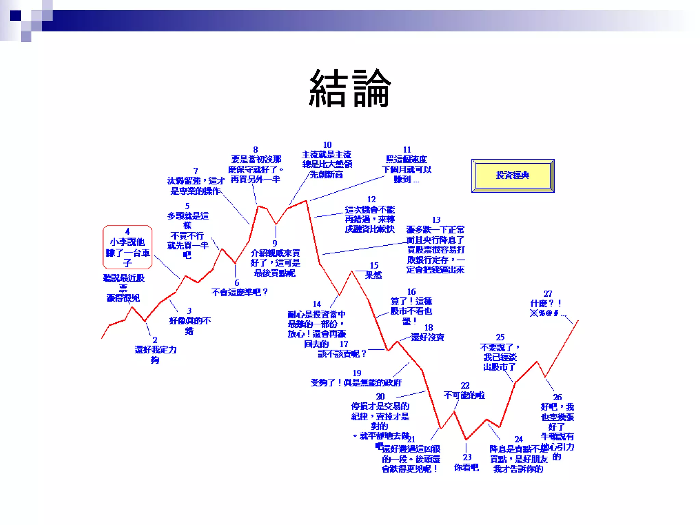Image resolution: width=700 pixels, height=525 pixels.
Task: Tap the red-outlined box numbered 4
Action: click(127, 247)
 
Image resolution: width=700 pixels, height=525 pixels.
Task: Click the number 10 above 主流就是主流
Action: click(327, 145)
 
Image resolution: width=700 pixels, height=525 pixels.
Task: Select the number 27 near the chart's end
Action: click(548, 294)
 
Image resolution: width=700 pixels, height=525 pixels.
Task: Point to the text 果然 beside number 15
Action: click(373, 275)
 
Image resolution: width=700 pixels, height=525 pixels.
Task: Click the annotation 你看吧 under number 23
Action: click(466, 467)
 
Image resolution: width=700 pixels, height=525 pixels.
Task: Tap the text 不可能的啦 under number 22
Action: click(464, 395)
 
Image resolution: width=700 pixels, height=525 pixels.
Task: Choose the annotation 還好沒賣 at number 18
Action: click(427, 337)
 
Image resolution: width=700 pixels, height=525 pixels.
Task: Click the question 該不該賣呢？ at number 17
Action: click(342, 354)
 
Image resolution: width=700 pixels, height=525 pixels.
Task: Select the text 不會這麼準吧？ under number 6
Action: click(239, 292)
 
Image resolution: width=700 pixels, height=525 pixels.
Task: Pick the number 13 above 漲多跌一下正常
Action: click(436, 220)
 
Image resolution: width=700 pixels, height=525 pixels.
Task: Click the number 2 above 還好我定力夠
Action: click(155, 340)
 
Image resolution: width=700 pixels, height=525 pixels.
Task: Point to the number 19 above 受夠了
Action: click(357, 373)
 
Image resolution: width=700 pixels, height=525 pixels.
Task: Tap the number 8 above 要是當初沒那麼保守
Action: click(255, 150)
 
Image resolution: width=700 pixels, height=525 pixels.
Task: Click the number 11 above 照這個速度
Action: click(407, 150)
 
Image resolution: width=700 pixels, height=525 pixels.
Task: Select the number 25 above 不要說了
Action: click(500, 337)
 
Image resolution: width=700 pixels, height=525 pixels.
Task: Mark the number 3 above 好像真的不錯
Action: click(189, 311)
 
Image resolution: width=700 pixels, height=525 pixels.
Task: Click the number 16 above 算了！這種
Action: click(411, 292)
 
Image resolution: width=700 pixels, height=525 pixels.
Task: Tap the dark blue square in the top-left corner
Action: click(15, 16)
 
